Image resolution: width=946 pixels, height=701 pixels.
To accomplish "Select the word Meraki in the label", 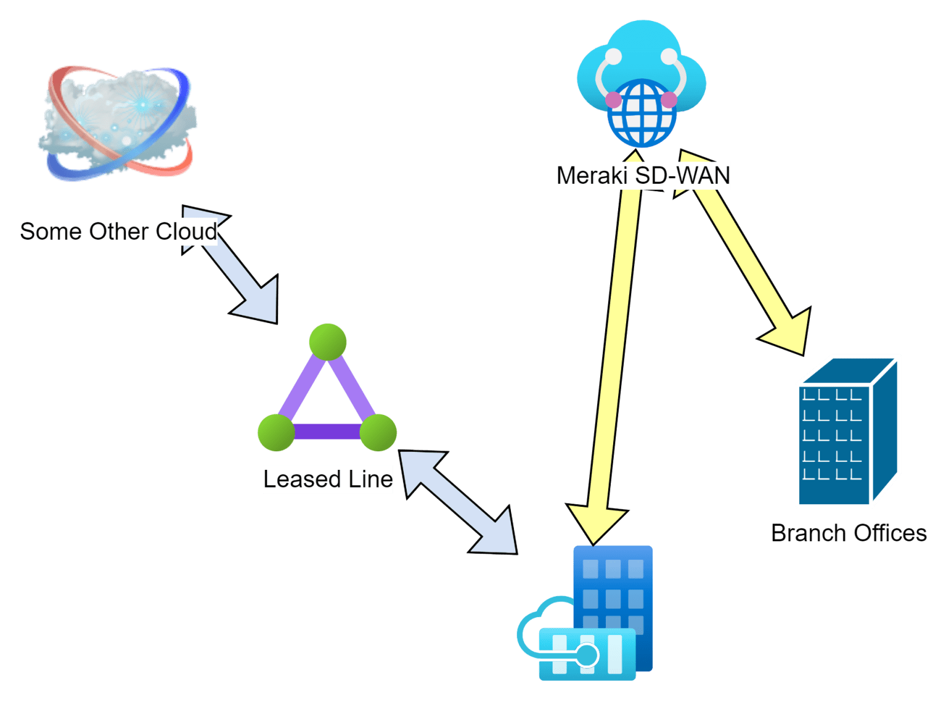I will click(x=592, y=176).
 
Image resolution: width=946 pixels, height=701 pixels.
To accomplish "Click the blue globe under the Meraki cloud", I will click(x=642, y=113).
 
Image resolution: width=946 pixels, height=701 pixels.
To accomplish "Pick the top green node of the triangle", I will click(x=327, y=342).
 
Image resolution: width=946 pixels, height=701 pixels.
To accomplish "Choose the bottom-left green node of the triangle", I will click(x=276, y=432).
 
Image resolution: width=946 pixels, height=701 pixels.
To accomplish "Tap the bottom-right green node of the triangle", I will click(x=378, y=432).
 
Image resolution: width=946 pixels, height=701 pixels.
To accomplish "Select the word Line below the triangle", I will click(x=370, y=479).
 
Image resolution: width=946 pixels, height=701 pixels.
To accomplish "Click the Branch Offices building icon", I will click(x=847, y=432).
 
